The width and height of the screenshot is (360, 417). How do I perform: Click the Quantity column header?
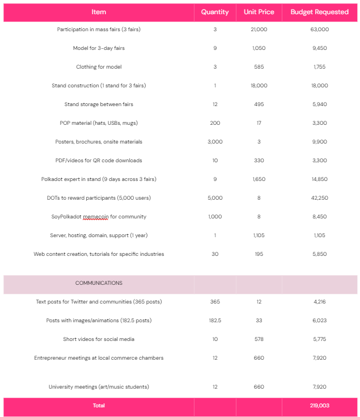coord(215,12)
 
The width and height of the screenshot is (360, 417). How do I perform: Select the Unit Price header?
coord(259,12)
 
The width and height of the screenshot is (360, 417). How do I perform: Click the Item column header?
coord(99,12)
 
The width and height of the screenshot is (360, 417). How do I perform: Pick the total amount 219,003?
coord(320,406)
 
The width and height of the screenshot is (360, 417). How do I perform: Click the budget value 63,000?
coord(320,30)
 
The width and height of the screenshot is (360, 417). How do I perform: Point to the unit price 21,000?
coord(259,30)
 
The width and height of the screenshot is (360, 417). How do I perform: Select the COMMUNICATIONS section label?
coord(99,283)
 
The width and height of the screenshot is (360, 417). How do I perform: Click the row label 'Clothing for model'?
coord(99,67)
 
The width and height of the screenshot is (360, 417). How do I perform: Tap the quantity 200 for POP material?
coord(215,123)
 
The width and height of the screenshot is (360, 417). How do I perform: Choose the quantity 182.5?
coord(215,321)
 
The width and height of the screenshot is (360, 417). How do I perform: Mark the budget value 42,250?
coord(320,198)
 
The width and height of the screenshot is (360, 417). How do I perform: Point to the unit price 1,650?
coord(259,179)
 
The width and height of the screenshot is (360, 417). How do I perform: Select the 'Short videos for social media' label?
coord(99,339)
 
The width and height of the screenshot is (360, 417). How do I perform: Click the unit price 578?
coord(259,339)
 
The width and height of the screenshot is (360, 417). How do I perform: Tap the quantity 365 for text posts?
coord(215,302)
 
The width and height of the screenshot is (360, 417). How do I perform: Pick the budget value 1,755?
coord(320,67)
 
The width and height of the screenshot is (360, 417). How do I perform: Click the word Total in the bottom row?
coord(99,406)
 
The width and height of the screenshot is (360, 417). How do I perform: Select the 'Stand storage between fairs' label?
coord(99,104)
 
